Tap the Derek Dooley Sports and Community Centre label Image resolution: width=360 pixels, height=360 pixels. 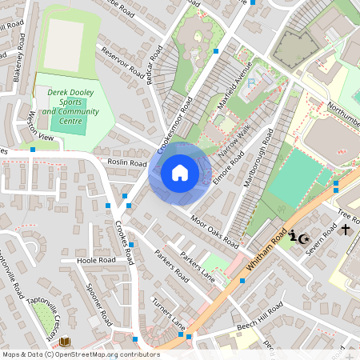point(73,102)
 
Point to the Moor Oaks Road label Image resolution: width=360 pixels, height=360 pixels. point(214,230)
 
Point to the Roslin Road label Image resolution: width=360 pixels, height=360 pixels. point(126,162)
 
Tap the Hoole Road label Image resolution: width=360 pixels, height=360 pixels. point(96,261)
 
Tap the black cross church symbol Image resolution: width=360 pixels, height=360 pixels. point(346,230)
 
